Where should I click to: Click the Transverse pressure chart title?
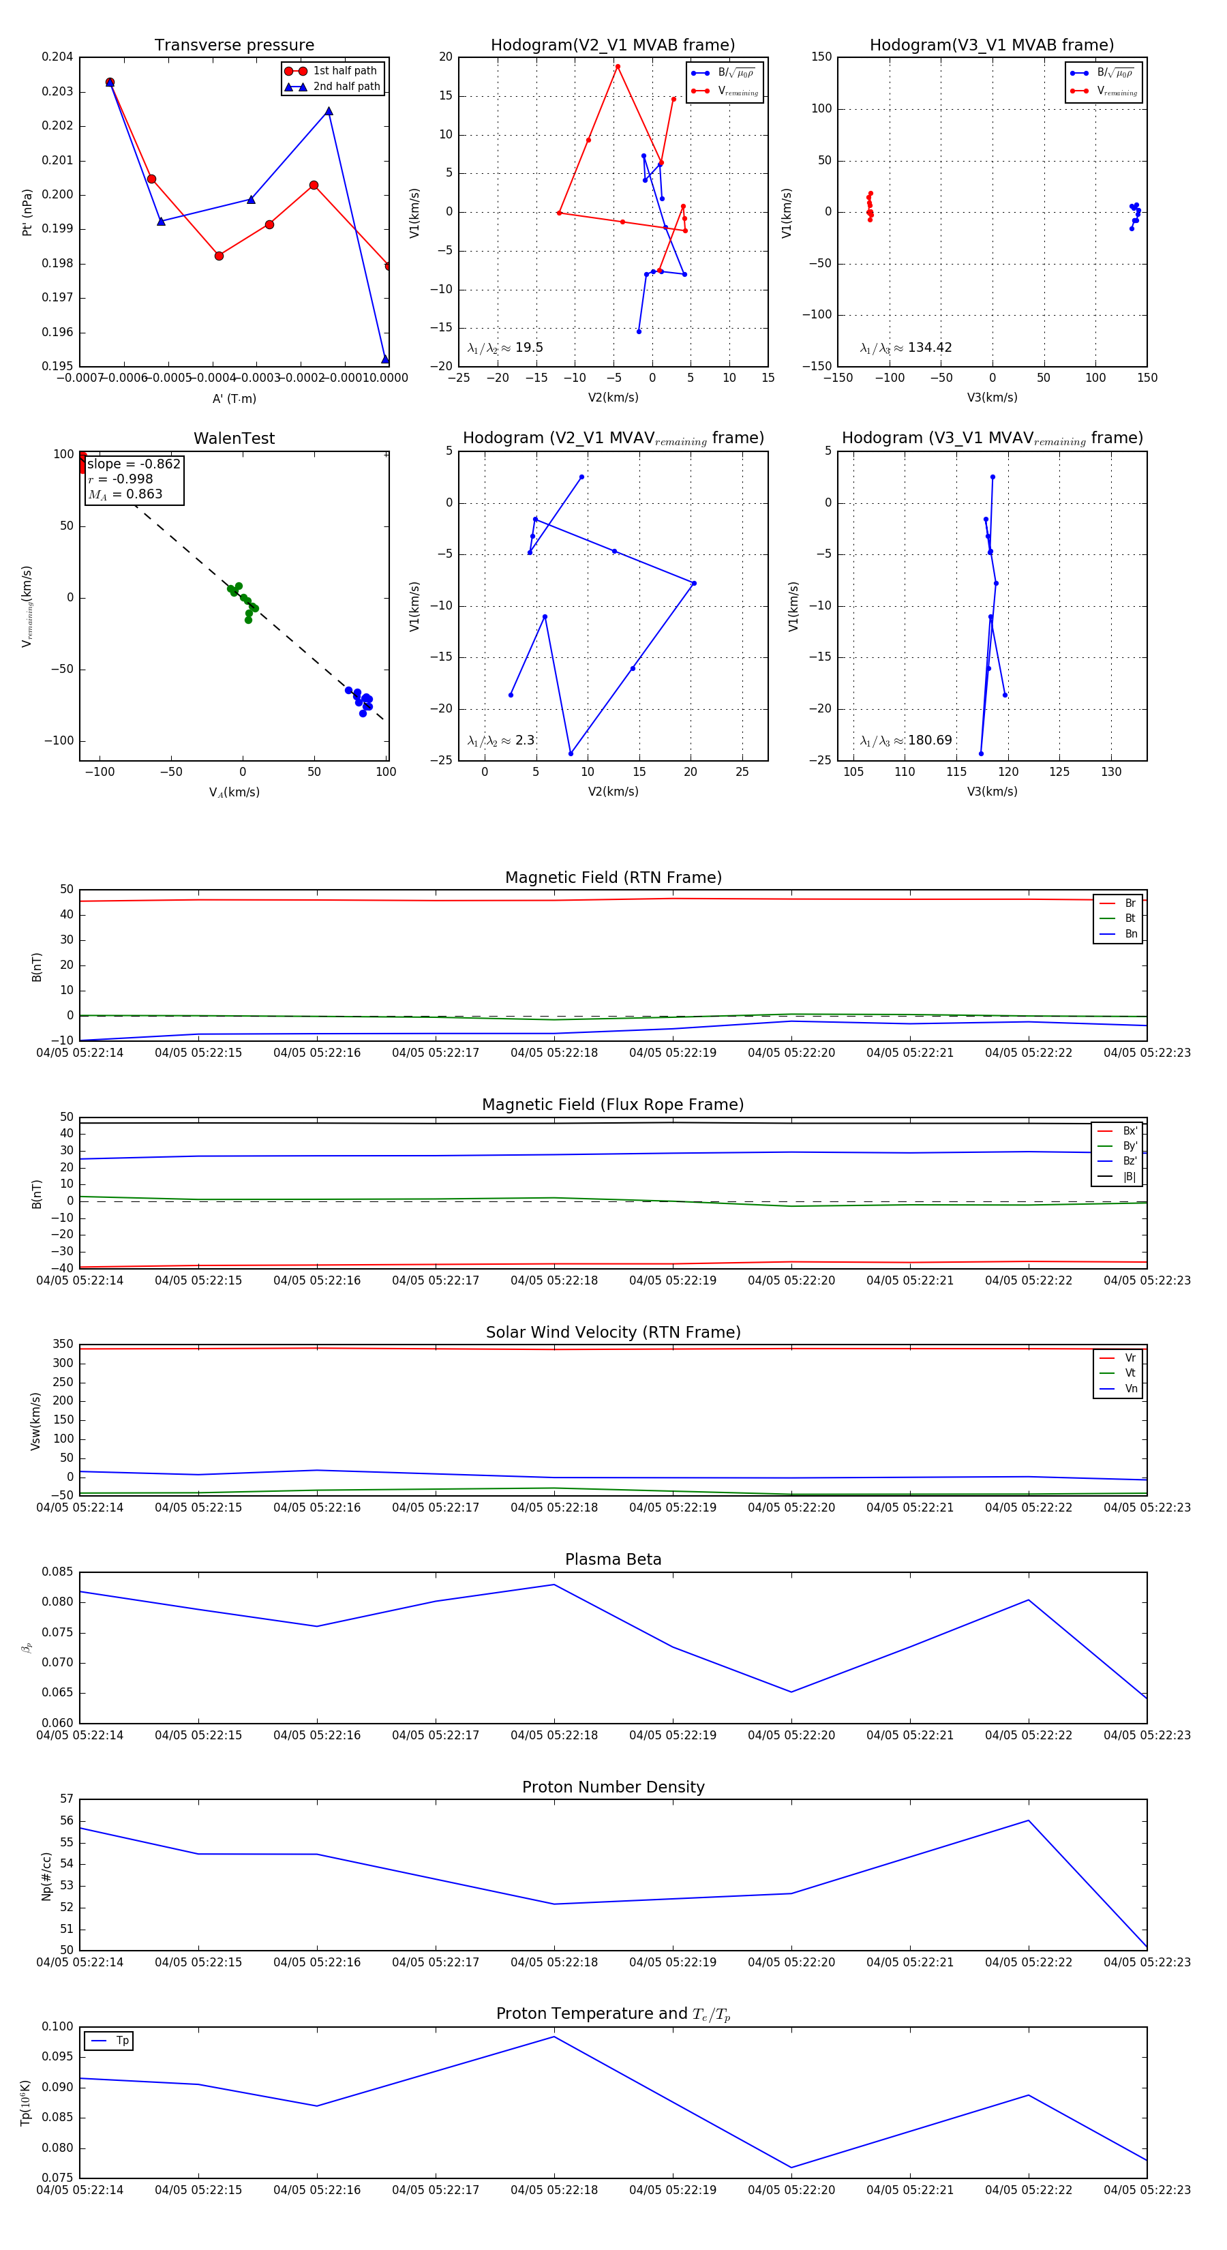pyautogui.click(x=234, y=46)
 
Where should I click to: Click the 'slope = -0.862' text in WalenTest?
pyautogui.click(x=134, y=464)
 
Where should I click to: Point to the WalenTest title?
pyautogui.click(x=234, y=438)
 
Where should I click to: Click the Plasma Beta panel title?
pyautogui.click(x=613, y=1559)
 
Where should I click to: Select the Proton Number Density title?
pyautogui.click(x=613, y=1786)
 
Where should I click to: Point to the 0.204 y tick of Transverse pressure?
pyautogui.click(x=58, y=57)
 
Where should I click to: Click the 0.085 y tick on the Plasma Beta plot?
pyautogui.click(x=58, y=1572)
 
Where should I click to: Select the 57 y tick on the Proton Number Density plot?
pyautogui.click(x=66, y=1799)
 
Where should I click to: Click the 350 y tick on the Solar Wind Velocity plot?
pyautogui.click(x=63, y=1345)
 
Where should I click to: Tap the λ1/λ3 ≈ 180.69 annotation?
pyautogui.click(x=906, y=740)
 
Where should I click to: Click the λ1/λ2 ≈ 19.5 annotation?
pyautogui.click(x=504, y=348)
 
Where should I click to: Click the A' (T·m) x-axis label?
pyautogui.click(x=234, y=398)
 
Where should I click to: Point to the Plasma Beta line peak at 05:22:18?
pyautogui.click(x=554, y=1585)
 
